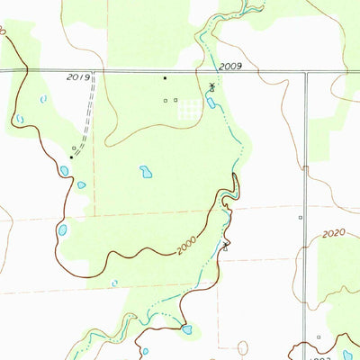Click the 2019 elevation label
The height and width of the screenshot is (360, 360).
pos(77,78)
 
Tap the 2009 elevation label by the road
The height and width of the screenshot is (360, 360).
pos(229,66)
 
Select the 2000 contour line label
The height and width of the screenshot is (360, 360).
pos(185,243)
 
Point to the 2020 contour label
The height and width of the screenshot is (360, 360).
pos(333,233)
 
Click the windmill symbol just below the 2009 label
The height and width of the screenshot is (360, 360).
pos(212,86)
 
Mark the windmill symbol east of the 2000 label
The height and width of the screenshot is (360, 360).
pos(225,243)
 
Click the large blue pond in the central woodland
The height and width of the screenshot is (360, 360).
pos(145,171)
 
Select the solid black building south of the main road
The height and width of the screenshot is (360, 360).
pos(165,78)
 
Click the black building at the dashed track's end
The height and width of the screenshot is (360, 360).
pos(71,157)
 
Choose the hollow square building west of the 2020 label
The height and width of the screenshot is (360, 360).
pos(300,217)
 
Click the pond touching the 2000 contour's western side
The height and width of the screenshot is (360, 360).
pos(63,229)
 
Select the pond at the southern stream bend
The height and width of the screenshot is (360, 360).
pos(186,329)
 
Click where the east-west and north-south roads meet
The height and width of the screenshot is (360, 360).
pos(305,71)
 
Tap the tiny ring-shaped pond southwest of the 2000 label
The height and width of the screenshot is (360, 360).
pos(114,283)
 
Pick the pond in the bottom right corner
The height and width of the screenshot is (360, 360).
pos(347,355)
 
